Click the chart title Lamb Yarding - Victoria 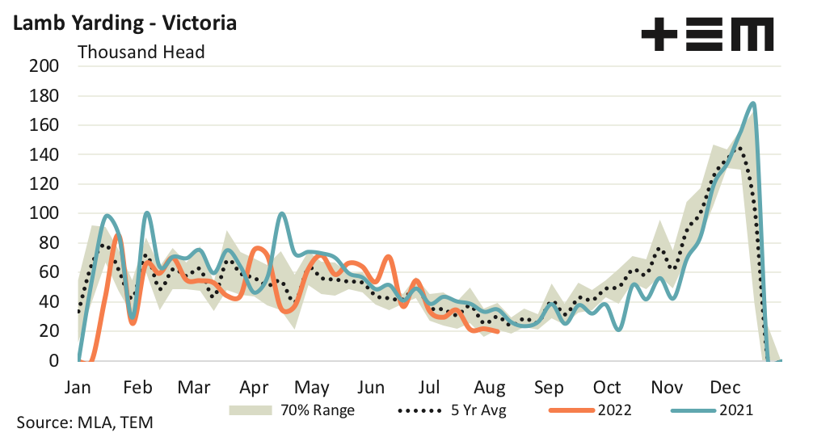123,23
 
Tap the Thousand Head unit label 141,53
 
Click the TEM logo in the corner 706,35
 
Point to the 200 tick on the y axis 44,66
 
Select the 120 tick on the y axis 44,184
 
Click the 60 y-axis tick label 48,272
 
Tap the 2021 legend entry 711,410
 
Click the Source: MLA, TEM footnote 85,422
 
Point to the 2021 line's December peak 753,103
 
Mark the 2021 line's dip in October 618,330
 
